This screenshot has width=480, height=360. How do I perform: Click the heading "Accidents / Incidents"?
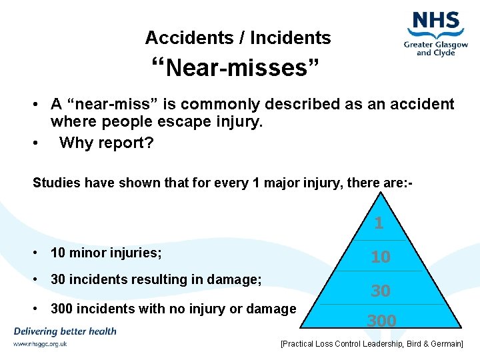point(238,38)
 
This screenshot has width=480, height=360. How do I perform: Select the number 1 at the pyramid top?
point(379,223)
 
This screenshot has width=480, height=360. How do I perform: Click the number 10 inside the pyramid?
point(380,257)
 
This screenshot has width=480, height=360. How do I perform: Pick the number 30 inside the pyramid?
point(380,291)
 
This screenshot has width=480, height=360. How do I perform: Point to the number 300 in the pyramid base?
point(381,321)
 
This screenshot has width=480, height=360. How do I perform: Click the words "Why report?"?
point(106,143)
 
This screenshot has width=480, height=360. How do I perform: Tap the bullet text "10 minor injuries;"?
point(106,253)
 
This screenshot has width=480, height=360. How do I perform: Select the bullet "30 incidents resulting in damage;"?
point(156,280)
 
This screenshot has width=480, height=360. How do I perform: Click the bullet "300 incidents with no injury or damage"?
point(173,309)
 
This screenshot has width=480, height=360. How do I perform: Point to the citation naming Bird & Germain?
point(371,343)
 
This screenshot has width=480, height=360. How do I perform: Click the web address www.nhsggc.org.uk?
point(39,344)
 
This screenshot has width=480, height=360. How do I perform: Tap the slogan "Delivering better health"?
point(64,331)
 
